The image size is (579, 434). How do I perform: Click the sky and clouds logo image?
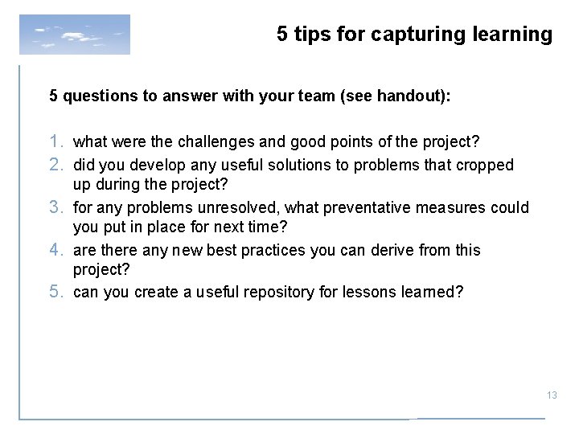coord(75,34)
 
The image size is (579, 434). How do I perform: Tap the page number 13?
coord(552,395)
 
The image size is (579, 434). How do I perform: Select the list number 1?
coord(56,142)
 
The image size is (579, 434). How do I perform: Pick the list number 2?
coord(56,164)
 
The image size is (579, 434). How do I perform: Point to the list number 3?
coord(56,207)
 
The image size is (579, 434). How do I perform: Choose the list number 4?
coord(56,250)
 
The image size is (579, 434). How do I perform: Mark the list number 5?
coord(56,292)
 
